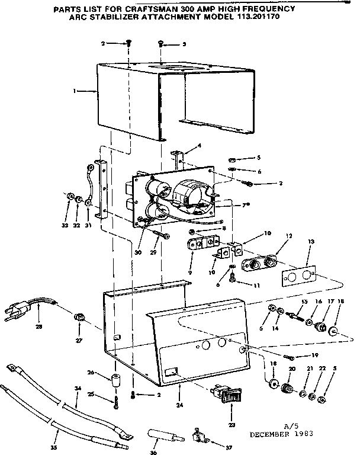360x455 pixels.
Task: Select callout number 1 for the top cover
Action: point(74,91)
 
